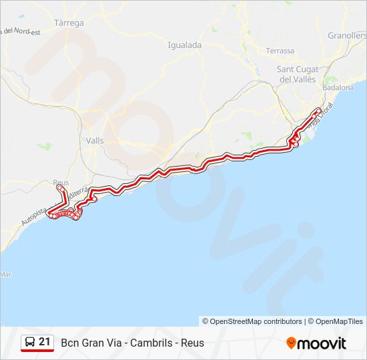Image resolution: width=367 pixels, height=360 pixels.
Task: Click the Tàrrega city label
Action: tap(69, 23)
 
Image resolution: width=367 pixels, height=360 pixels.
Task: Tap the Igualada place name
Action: tap(185, 45)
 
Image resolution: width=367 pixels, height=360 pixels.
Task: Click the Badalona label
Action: tap(338, 87)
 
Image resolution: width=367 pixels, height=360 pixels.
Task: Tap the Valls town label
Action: tap(95, 140)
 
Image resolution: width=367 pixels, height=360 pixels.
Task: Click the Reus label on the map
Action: tap(61, 182)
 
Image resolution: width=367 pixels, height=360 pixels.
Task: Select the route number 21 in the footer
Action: tap(45, 342)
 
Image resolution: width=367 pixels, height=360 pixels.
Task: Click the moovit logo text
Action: tap(322, 343)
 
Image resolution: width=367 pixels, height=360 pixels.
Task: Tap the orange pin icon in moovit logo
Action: tap(291, 343)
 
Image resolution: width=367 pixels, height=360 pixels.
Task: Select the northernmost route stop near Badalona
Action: tap(318, 110)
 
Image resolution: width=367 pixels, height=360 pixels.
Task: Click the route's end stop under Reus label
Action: tap(60, 189)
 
